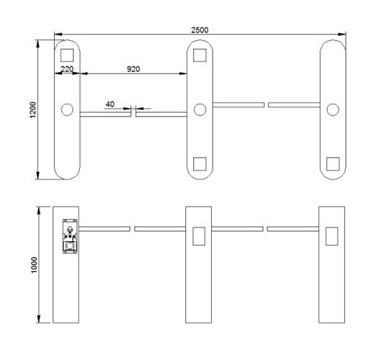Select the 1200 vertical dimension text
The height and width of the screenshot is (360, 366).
point(32,109)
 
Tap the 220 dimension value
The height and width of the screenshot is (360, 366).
point(66,68)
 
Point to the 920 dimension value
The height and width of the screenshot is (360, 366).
point(133,68)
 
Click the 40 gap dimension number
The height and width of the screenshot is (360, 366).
point(110,104)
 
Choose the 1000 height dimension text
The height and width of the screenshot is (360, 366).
point(32,264)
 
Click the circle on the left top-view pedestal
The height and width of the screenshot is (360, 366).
point(67,109)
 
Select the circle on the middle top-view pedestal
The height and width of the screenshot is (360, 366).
point(200,109)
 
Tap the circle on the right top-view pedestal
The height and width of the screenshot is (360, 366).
point(332,109)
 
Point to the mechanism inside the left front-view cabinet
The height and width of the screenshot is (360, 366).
point(68,236)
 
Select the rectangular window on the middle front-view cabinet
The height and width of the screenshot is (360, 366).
point(200,235)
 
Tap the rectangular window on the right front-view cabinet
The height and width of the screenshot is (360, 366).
point(332,235)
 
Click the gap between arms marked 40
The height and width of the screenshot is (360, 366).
point(133,112)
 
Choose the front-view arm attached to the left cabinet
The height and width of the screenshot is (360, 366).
point(104,229)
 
